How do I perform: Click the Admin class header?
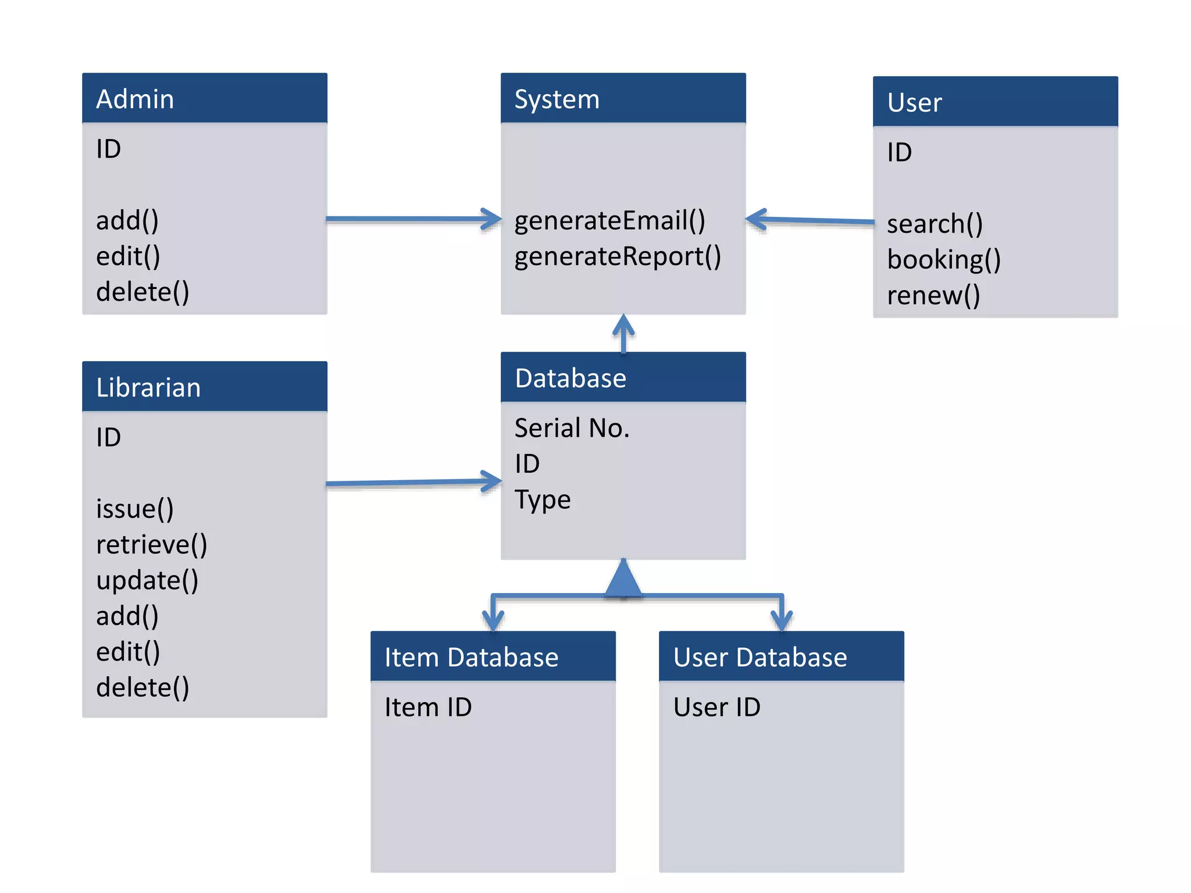click(x=135, y=99)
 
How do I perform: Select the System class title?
click(x=557, y=99)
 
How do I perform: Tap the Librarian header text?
click(x=148, y=387)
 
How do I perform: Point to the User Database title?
click(x=759, y=658)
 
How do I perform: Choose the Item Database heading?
click(x=471, y=658)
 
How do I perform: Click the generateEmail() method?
click(x=609, y=220)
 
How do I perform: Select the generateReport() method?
click(x=617, y=256)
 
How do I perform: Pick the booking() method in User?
click(x=943, y=259)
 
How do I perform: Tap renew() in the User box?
click(x=933, y=295)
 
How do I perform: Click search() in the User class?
click(x=934, y=224)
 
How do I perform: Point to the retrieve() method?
click(x=151, y=545)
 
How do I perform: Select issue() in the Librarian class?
click(x=134, y=509)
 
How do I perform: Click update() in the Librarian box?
click(x=147, y=580)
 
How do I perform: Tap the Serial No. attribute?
click(x=572, y=428)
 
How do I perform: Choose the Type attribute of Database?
click(x=542, y=499)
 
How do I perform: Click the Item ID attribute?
click(x=428, y=708)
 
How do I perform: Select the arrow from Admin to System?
click(x=413, y=219)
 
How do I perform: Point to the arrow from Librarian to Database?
click(x=413, y=483)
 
